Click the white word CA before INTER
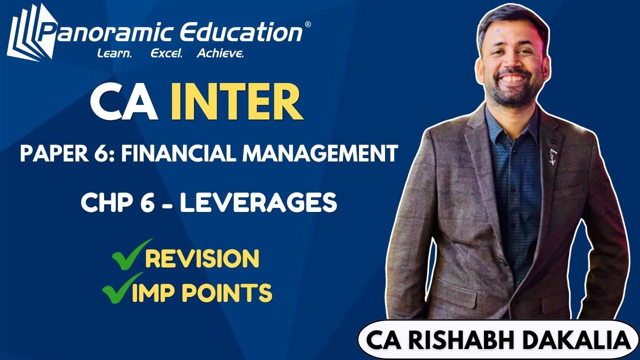[x=124, y=103]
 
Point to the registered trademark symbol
[x=307, y=24]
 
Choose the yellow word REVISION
[x=202, y=258]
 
